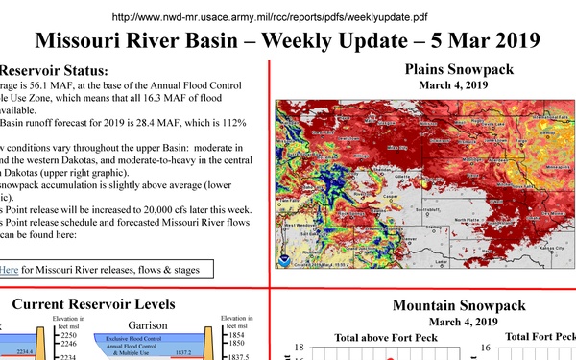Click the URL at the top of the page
pos(288,16)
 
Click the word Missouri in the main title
pos(93,41)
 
